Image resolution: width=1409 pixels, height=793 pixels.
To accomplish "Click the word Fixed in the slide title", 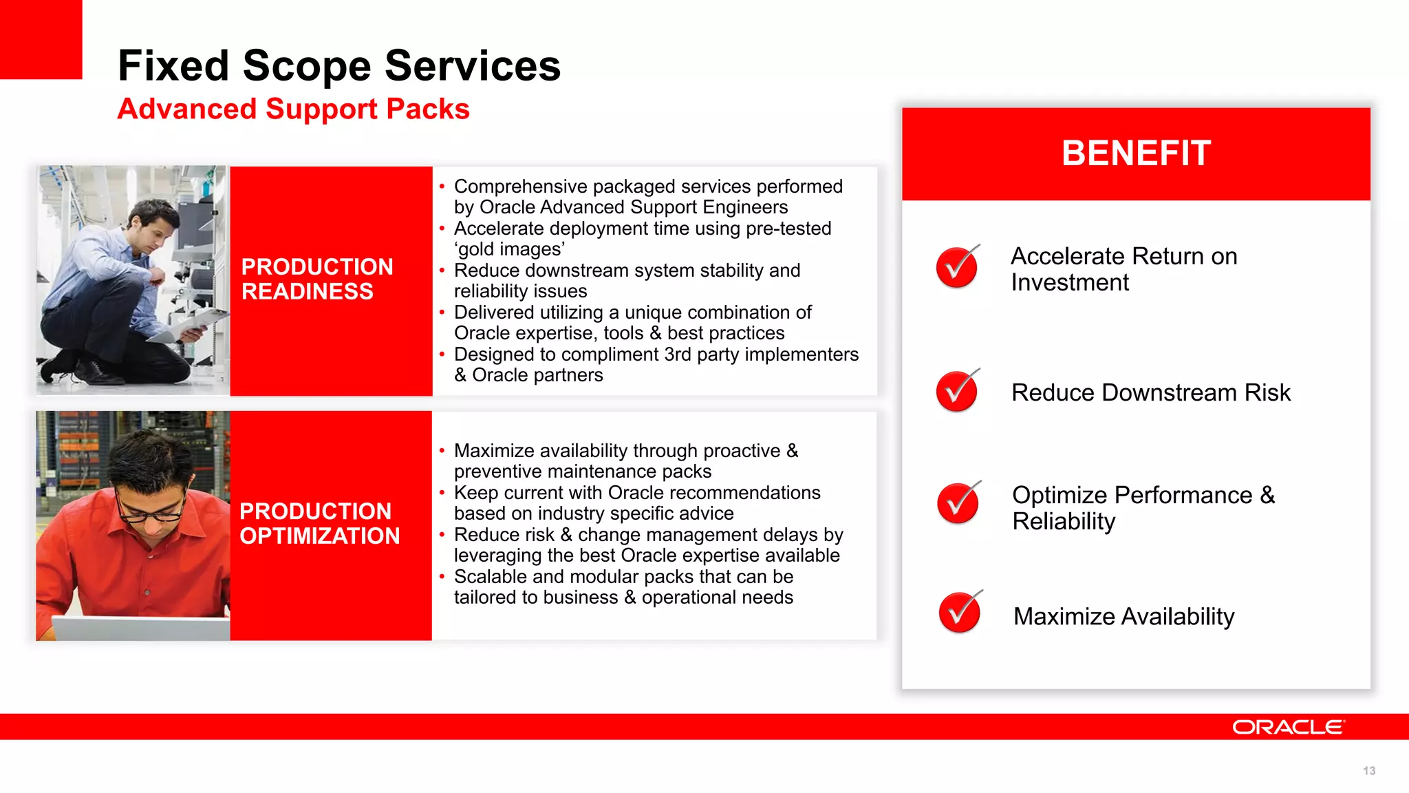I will pos(173,66).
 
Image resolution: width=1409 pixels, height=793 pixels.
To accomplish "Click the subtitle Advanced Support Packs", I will pos(293,109).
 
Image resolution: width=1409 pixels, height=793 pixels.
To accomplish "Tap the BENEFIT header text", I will pos(1136,153).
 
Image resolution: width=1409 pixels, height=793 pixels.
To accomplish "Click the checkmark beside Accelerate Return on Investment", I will pos(957,267).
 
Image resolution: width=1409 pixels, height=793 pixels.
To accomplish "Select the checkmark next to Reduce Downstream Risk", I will pos(957,391).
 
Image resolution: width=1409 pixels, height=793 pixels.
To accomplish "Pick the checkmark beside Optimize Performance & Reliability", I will pos(958,503).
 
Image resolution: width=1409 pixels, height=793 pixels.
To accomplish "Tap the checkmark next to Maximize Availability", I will pos(959,612).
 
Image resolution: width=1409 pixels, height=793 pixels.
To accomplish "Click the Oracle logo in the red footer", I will pos(1287,728).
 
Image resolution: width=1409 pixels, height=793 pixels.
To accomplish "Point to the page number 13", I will pos(1368,771).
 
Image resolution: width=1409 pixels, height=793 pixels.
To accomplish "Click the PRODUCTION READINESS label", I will pos(317,279).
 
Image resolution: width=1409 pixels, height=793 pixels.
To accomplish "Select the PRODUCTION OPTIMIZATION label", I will pos(319,523).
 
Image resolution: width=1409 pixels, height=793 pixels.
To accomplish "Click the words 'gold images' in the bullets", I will pos(509,249).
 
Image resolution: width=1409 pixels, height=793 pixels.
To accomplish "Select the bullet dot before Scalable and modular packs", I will pos(442,577).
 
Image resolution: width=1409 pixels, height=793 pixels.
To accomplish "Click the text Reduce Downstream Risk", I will pos(1150,392).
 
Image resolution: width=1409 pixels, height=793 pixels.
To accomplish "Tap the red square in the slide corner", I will pos(41,39).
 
